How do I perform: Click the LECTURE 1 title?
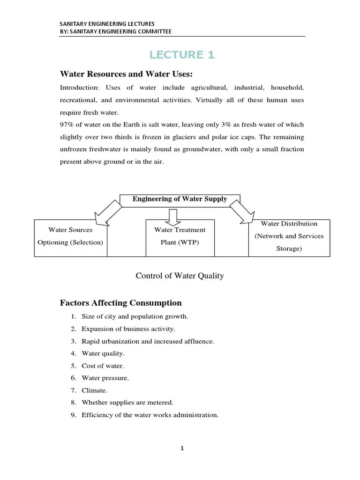[x=182, y=55]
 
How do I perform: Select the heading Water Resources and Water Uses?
[x=126, y=75]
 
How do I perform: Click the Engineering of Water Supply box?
[x=180, y=199]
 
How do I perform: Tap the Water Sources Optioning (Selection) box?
[x=71, y=236]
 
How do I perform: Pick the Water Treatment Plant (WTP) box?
[x=180, y=236]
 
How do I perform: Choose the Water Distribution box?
[x=289, y=236]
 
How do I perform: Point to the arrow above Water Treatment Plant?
[x=172, y=216]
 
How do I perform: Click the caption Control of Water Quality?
[x=180, y=276]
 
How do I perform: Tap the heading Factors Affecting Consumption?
[x=120, y=303]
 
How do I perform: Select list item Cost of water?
[x=103, y=366]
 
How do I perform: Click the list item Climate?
[x=94, y=390]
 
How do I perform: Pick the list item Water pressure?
[x=105, y=378]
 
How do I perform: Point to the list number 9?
[x=74, y=415]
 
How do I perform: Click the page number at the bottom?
[x=182, y=448]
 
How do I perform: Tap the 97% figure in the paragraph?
[x=67, y=125]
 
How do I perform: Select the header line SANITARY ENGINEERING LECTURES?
[x=107, y=23]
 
